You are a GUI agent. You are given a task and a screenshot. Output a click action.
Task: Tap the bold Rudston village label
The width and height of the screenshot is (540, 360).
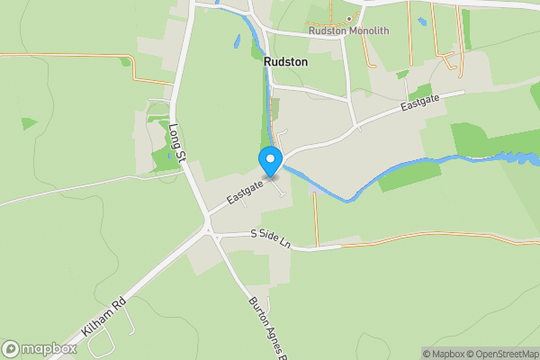[286, 62]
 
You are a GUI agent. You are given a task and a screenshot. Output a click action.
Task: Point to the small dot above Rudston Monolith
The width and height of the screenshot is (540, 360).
[347, 19]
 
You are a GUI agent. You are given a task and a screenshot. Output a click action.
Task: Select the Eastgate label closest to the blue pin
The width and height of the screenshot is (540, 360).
[245, 191]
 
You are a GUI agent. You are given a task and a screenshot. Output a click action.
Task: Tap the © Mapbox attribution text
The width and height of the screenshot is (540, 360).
[445, 354]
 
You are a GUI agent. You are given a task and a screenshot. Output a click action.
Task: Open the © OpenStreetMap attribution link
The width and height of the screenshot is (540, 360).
[504, 354]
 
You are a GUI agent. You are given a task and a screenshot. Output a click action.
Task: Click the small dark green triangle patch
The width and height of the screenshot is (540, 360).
[29, 123]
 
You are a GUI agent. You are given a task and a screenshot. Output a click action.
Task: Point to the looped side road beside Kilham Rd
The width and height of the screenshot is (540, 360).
[103, 340]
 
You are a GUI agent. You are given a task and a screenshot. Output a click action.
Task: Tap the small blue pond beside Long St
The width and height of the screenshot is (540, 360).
[237, 40]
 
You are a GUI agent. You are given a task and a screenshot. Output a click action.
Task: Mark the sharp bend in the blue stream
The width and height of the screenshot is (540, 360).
[346, 199]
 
